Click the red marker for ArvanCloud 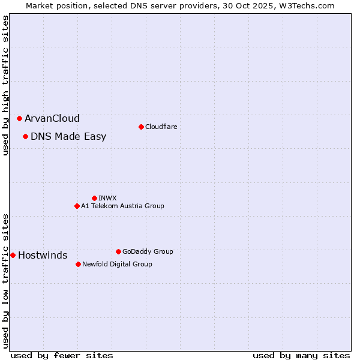[20, 119]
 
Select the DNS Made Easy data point [26, 137]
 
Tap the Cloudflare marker [141, 127]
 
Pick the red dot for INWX [94, 198]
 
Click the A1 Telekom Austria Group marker [77, 206]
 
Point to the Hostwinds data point [13, 256]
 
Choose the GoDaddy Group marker [118, 251]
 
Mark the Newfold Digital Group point [79, 264]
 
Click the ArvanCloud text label [52, 119]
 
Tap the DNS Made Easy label [68, 137]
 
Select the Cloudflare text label [161, 127]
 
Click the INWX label [107, 198]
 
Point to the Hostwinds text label [43, 256]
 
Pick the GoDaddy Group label [148, 251]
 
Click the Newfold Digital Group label [117, 264]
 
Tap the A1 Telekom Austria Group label [122, 206]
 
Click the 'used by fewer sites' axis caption [62, 355]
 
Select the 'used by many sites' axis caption [301, 355]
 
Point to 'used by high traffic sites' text [5, 86]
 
